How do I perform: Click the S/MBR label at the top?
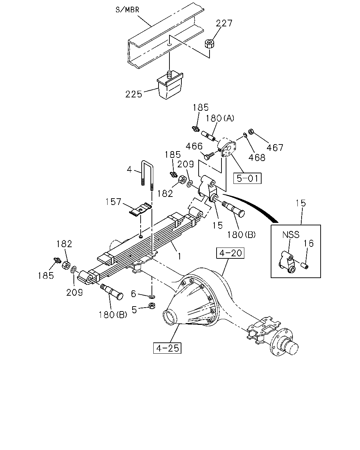point(127,10)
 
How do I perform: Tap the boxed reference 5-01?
point(247,178)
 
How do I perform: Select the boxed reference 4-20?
point(230,253)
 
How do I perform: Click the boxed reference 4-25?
point(167,348)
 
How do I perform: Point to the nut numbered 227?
point(210,44)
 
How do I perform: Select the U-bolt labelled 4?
point(147,175)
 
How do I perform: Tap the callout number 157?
point(113,202)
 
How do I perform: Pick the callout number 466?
point(194,146)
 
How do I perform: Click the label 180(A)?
point(220,118)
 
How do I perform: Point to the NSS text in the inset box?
point(291,234)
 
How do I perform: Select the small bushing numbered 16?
point(305,266)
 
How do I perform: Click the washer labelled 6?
point(152,297)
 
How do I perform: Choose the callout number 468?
point(257,157)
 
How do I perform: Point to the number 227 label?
point(224,23)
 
